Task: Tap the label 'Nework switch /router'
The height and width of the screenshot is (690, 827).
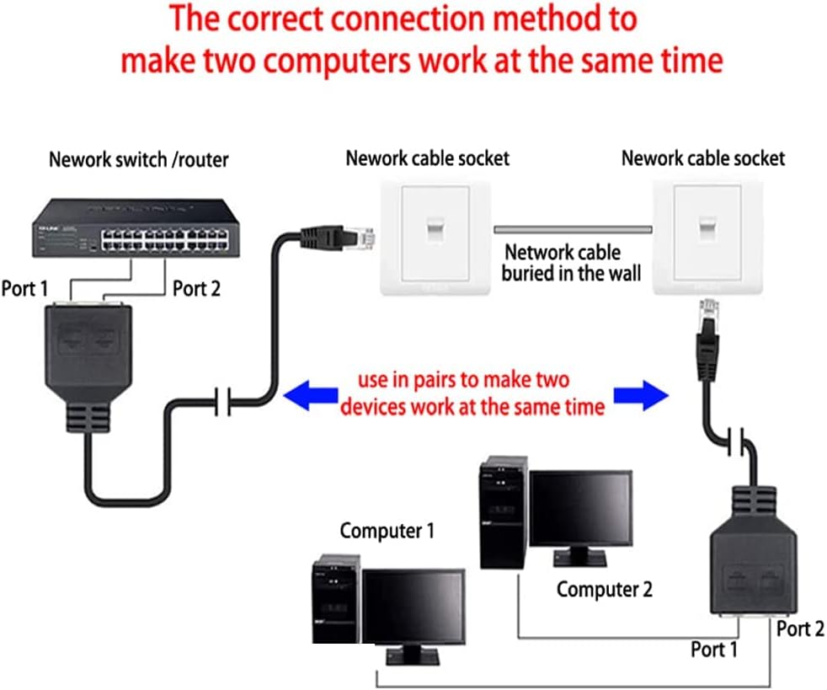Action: (x=138, y=159)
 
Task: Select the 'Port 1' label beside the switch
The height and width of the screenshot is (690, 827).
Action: (x=24, y=289)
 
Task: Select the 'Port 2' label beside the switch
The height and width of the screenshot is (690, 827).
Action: (x=196, y=288)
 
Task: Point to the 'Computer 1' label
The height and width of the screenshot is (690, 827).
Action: (x=387, y=531)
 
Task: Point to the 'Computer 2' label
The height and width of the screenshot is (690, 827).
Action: (x=604, y=589)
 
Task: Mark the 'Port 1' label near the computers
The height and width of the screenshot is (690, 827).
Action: (x=713, y=650)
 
